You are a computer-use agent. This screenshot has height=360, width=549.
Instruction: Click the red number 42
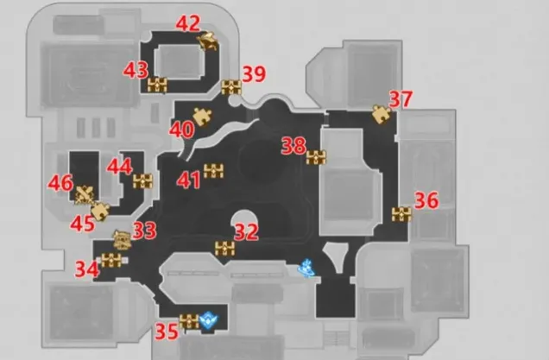click(188, 23)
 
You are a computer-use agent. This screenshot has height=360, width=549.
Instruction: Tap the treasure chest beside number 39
click(231, 87)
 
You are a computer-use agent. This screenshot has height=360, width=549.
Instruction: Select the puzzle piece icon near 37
click(381, 114)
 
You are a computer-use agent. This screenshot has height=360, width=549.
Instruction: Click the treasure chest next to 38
click(316, 158)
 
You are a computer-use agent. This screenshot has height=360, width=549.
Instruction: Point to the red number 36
click(426, 200)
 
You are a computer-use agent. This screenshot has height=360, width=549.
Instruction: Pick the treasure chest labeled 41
click(213, 171)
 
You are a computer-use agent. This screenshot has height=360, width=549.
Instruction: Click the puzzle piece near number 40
click(202, 117)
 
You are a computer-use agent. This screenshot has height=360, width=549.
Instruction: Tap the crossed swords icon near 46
click(85, 195)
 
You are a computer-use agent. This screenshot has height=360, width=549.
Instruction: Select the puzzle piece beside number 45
click(100, 212)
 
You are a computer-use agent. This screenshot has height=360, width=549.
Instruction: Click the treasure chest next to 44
click(142, 181)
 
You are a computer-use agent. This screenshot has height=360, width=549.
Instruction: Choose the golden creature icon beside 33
click(123, 240)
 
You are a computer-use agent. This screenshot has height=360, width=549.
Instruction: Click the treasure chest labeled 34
click(111, 261)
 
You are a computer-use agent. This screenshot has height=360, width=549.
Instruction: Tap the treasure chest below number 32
click(224, 249)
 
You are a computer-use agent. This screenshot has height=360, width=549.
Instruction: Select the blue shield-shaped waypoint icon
click(209, 320)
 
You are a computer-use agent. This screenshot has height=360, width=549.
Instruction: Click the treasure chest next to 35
click(189, 321)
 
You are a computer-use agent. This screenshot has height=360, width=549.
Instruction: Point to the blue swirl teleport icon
click(306, 268)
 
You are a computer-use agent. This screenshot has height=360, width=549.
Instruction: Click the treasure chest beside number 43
click(157, 85)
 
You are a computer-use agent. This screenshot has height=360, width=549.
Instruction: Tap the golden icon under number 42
click(208, 41)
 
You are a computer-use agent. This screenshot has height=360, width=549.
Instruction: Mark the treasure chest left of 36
click(401, 215)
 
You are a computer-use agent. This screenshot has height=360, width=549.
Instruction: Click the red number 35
click(167, 332)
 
